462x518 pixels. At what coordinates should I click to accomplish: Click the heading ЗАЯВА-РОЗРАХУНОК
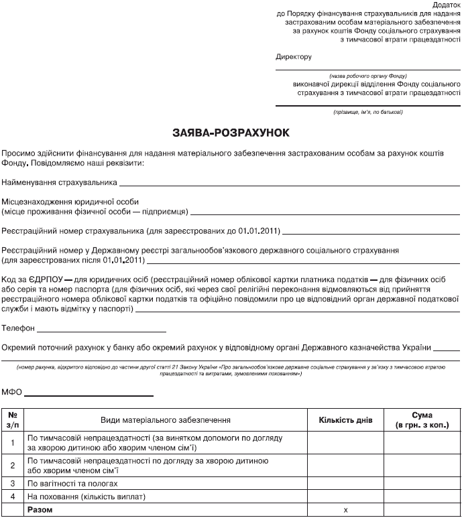tap(230, 133)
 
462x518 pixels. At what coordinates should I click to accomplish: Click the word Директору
tap(294, 57)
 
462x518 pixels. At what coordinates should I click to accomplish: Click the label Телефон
tap(17, 328)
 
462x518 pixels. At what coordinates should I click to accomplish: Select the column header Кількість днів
tap(345, 420)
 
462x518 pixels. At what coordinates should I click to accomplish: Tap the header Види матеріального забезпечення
tap(166, 420)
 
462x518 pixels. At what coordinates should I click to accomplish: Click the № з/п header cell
tap(13, 420)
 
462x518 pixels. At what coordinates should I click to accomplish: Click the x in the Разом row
tap(345, 510)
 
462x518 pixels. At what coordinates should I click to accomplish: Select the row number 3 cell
tap(13, 483)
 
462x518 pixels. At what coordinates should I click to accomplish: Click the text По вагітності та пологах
tap(72, 483)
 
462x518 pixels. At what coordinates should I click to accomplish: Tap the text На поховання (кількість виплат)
tap(86, 497)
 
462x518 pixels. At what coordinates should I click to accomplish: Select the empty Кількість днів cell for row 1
tap(345, 442)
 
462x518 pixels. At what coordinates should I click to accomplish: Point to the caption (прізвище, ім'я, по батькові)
tap(368, 111)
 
